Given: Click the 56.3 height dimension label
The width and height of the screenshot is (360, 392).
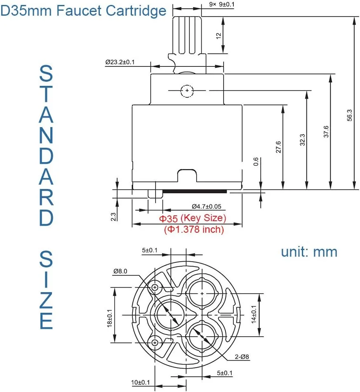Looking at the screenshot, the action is pyautogui.click(x=350, y=115).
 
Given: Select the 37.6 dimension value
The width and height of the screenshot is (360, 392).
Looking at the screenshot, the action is pyautogui.click(x=326, y=132).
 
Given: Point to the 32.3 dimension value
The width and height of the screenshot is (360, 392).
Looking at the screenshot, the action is pyautogui.click(x=302, y=140).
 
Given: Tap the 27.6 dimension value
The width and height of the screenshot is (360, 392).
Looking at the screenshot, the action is pyautogui.click(x=278, y=147).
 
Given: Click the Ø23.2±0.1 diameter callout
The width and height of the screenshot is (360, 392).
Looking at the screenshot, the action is pyautogui.click(x=120, y=62).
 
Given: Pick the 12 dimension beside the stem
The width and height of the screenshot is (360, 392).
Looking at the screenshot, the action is pyautogui.click(x=219, y=36).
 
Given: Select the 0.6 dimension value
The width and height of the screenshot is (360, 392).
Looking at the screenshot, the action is pyautogui.click(x=256, y=162).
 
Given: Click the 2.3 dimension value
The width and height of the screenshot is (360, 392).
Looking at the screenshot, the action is pyautogui.click(x=113, y=217).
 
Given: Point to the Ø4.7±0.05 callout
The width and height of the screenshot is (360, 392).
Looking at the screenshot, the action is pyautogui.click(x=206, y=206).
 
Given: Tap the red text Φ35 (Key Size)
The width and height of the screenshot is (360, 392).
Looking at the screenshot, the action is pyautogui.click(x=193, y=218).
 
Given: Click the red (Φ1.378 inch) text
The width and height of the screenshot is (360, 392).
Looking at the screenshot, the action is pyautogui.click(x=194, y=229).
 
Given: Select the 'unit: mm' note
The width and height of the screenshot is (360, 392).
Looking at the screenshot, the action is pyautogui.click(x=309, y=252).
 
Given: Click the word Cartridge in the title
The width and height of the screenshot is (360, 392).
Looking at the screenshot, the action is pyautogui.click(x=136, y=11).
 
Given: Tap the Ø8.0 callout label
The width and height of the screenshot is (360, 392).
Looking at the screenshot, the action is pyautogui.click(x=120, y=271).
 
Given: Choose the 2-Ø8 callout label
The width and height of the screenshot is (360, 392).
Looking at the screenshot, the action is pyautogui.click(x=242, y=357).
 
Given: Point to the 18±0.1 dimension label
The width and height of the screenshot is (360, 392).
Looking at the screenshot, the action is pyautogui.click(x=109, y=318).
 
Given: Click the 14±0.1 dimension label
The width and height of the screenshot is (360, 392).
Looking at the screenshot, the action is pyautogui.click(x=254, y=314).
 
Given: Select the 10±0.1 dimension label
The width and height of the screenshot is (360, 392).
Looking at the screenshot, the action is pyautogui.click(x=140, y=383).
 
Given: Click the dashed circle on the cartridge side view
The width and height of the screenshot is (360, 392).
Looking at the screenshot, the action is pyautogui.click(x=187, y=90).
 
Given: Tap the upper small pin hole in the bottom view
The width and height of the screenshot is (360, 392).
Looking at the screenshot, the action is pyautogui.click(x=155, y=288).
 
